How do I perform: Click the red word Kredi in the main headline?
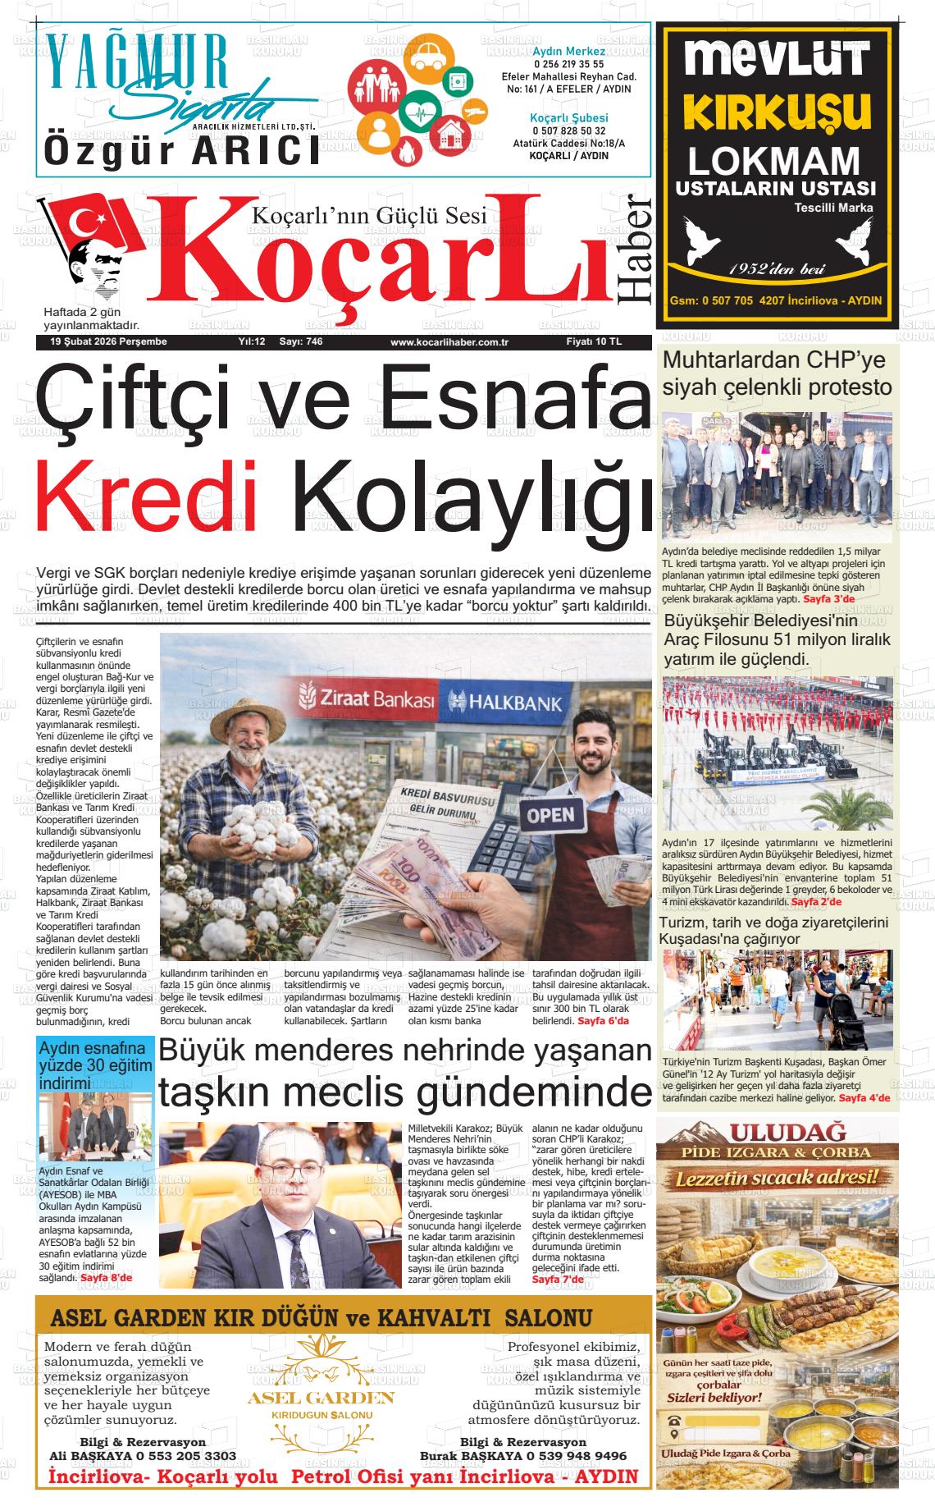pos(146,497)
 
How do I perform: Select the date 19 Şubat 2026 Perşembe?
pos(108,341)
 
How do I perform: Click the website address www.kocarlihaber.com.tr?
pos(449,342)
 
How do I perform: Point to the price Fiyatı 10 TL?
pos(594,341)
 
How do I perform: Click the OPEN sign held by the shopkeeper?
pos(550,816)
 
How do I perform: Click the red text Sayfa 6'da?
pos(603,1021)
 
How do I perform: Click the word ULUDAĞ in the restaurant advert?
pos(775,1132)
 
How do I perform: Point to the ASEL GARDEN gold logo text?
pos(321,1397)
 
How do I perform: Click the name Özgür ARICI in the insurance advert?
pos(181,151)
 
